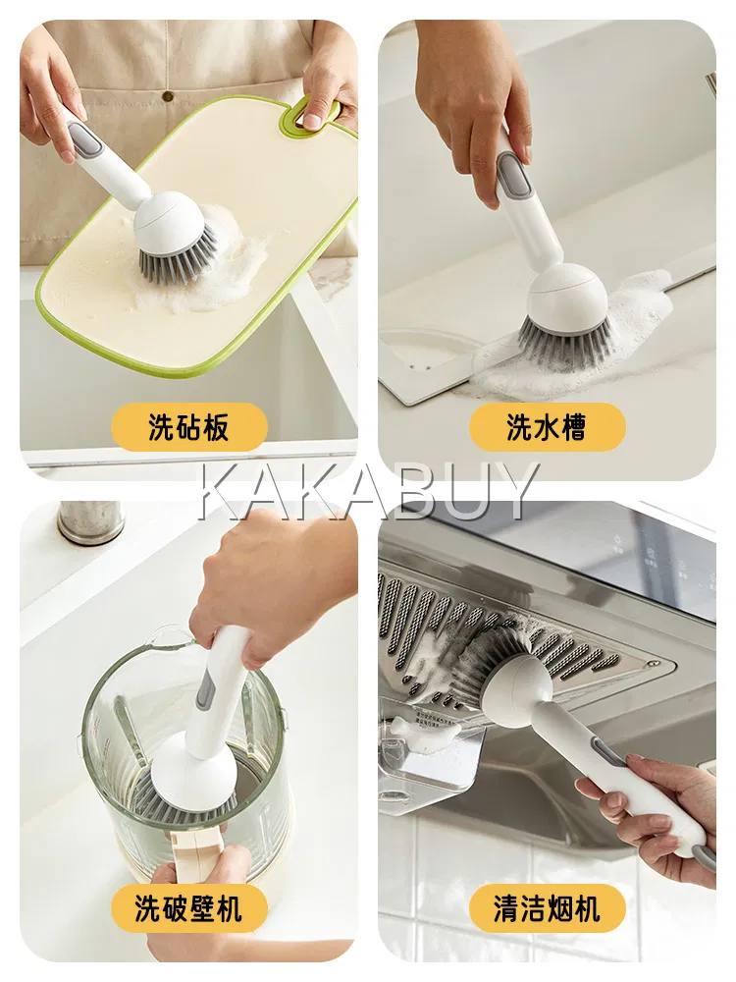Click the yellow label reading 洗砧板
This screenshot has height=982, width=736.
pos(189,427)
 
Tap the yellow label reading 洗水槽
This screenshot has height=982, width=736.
pos(547,427)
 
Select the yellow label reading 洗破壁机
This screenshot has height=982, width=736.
pos(189,908)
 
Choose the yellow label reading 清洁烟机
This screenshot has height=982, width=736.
pos(547,908)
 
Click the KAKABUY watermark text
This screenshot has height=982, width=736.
pos(368,492)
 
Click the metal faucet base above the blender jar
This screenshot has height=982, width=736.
pos(91,523)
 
